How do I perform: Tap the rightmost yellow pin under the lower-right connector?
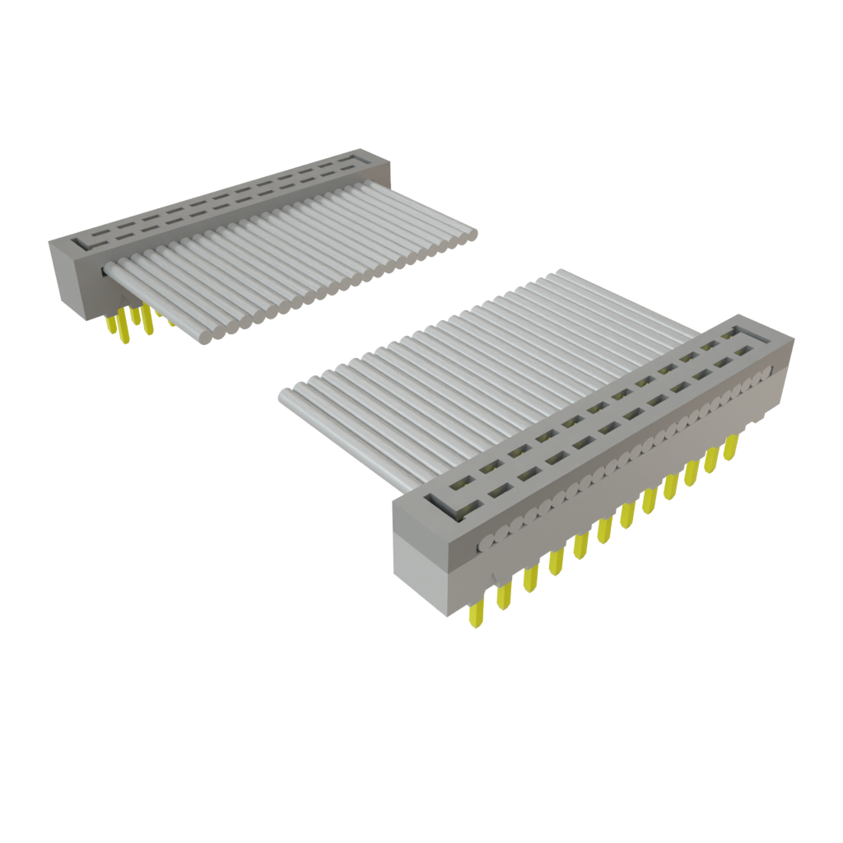tap(730, 447)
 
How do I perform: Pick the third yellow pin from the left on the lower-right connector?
tap(529, 578)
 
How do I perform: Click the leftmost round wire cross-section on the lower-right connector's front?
tap(487, 543)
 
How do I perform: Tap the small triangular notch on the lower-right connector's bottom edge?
tap(491, 575)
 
